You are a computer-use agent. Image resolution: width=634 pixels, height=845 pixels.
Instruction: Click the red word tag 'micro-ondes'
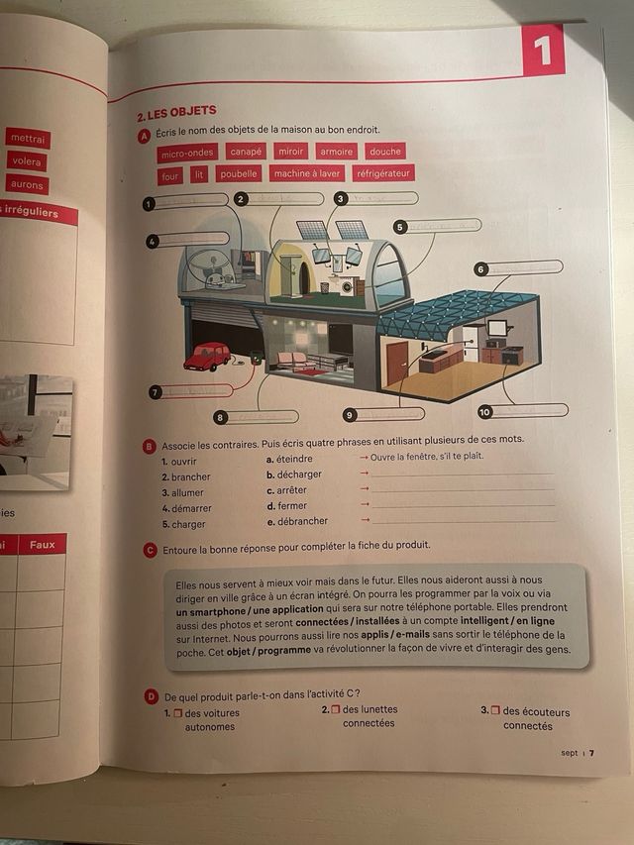pyautogui.click(x=187, y=154)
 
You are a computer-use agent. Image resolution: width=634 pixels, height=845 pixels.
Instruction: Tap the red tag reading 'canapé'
pyautogui.click(x=245, y=152)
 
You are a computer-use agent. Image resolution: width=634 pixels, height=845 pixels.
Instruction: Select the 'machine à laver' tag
pyautogui.click(x=307, y=173)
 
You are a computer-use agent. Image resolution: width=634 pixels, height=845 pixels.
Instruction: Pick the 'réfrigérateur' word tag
pyautogui.click(x=382, y=173)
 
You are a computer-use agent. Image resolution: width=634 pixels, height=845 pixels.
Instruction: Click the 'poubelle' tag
pyautogui.click(x=238, y=173)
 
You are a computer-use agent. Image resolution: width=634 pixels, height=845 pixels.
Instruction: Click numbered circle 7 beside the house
pyautogui.click(x=155, y=392)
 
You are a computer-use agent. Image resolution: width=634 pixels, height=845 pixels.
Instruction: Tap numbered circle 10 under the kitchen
pyautogui.click(x=485, y=411)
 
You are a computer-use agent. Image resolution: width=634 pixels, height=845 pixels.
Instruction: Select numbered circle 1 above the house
pyautogui.click(x=149, y=204)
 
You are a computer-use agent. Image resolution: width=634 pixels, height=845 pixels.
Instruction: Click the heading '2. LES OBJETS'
pyautogui.click(x=176, y=111)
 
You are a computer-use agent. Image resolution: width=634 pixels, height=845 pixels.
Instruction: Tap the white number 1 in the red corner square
pyautogui.click(x=542, y=50)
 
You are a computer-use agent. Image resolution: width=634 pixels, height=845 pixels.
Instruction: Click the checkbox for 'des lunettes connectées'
pyautogui.click(x=336, y=710)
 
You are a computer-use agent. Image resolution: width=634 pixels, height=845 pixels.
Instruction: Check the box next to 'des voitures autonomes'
pyautogui.click(x=178, y=713)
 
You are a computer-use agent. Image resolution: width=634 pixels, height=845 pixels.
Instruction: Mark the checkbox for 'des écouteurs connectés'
pyautogui.click(x=495, y=711)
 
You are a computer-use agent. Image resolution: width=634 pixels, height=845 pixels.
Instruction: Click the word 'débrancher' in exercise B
pyautogui.click(x=303, y=521)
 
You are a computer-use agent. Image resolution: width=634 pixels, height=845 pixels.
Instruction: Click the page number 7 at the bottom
pyautogui.click(x=591, y=753)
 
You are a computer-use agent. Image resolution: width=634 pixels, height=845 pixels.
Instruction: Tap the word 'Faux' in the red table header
pyautogui.click(x=43, y=545)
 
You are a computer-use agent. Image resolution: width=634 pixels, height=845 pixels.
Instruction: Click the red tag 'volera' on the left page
pyautogui.click(x=28, y=161)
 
